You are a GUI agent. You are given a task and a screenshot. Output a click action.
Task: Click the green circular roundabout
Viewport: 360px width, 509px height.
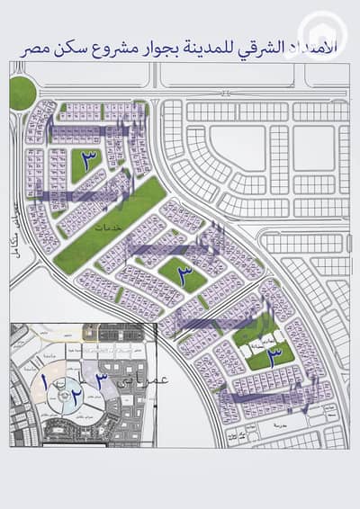click(x=21, y=92)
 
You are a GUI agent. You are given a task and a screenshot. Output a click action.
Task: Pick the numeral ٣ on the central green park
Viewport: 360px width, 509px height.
click(x=183, y=272)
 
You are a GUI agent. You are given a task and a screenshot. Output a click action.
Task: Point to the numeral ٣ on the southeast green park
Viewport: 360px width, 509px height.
click(x=274, y=353)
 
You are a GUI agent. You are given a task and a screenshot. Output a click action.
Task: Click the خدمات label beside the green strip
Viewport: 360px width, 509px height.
click(x=112, y=228)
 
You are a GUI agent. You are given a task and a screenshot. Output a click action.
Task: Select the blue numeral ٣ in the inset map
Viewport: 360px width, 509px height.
click(x=103, y=381)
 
